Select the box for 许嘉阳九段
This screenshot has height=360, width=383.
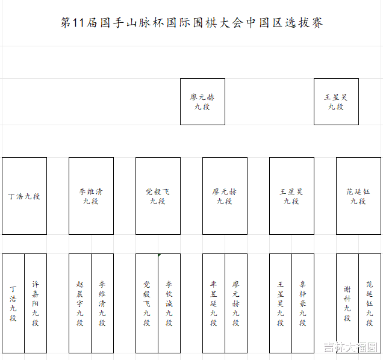36,303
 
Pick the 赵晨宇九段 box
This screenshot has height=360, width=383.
80,303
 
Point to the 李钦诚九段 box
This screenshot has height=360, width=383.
169,303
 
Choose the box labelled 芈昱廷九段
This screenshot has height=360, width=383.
214,303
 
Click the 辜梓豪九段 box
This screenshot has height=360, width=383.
303,303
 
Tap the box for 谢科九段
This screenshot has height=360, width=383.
347,303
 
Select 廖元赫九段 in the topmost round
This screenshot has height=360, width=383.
202,101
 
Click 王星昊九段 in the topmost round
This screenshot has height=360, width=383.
336,101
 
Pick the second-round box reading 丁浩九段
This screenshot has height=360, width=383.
24,196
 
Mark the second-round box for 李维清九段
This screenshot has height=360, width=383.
91,196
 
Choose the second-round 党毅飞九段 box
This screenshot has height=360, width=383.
158,196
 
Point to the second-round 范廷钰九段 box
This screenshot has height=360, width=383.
358,196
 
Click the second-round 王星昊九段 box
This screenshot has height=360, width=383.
291,196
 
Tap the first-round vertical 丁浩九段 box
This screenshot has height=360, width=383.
13,303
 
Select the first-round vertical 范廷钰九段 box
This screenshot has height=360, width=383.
370,303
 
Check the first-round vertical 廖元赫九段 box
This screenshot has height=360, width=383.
236,303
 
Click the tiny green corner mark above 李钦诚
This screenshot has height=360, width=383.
160,255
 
